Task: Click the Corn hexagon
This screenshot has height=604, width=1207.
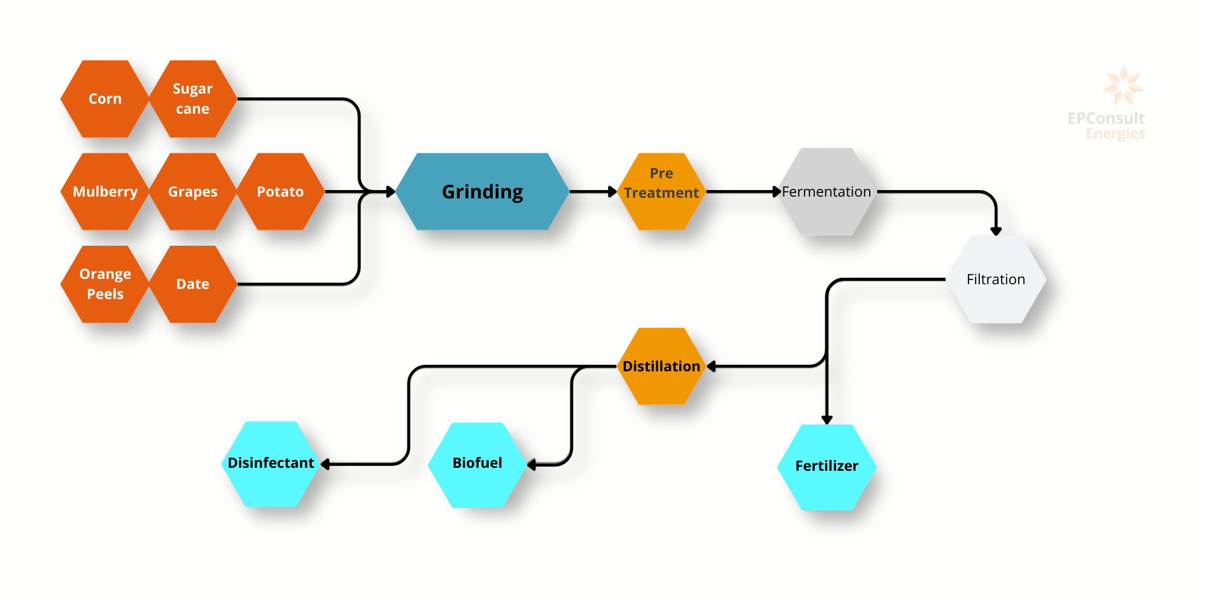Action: [105, 99]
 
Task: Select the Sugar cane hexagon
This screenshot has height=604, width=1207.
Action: [192, 99]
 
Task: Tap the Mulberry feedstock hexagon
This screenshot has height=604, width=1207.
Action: [105, 191]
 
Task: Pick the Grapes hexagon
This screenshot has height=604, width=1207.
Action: [192, 191]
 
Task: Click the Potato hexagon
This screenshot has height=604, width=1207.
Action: [280, 191]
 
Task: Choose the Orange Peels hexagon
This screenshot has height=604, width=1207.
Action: [105, 284]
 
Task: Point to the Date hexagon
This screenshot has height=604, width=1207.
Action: [192, 284]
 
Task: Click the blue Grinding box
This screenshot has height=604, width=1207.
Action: [482, 191]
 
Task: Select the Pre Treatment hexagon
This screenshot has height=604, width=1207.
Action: [661, 191]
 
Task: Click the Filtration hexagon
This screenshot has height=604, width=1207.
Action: [996, 279]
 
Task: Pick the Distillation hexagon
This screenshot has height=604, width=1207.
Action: [661, 366]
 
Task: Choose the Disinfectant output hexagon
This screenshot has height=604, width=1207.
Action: [270, 463]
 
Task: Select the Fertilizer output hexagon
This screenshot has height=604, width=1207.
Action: [827, 467]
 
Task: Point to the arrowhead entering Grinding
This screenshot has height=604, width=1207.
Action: [390, 191]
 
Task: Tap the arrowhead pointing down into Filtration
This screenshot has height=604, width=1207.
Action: [996, 231]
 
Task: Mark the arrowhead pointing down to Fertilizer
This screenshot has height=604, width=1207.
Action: [827, 420]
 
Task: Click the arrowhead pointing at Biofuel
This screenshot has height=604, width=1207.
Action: [531, 465]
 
